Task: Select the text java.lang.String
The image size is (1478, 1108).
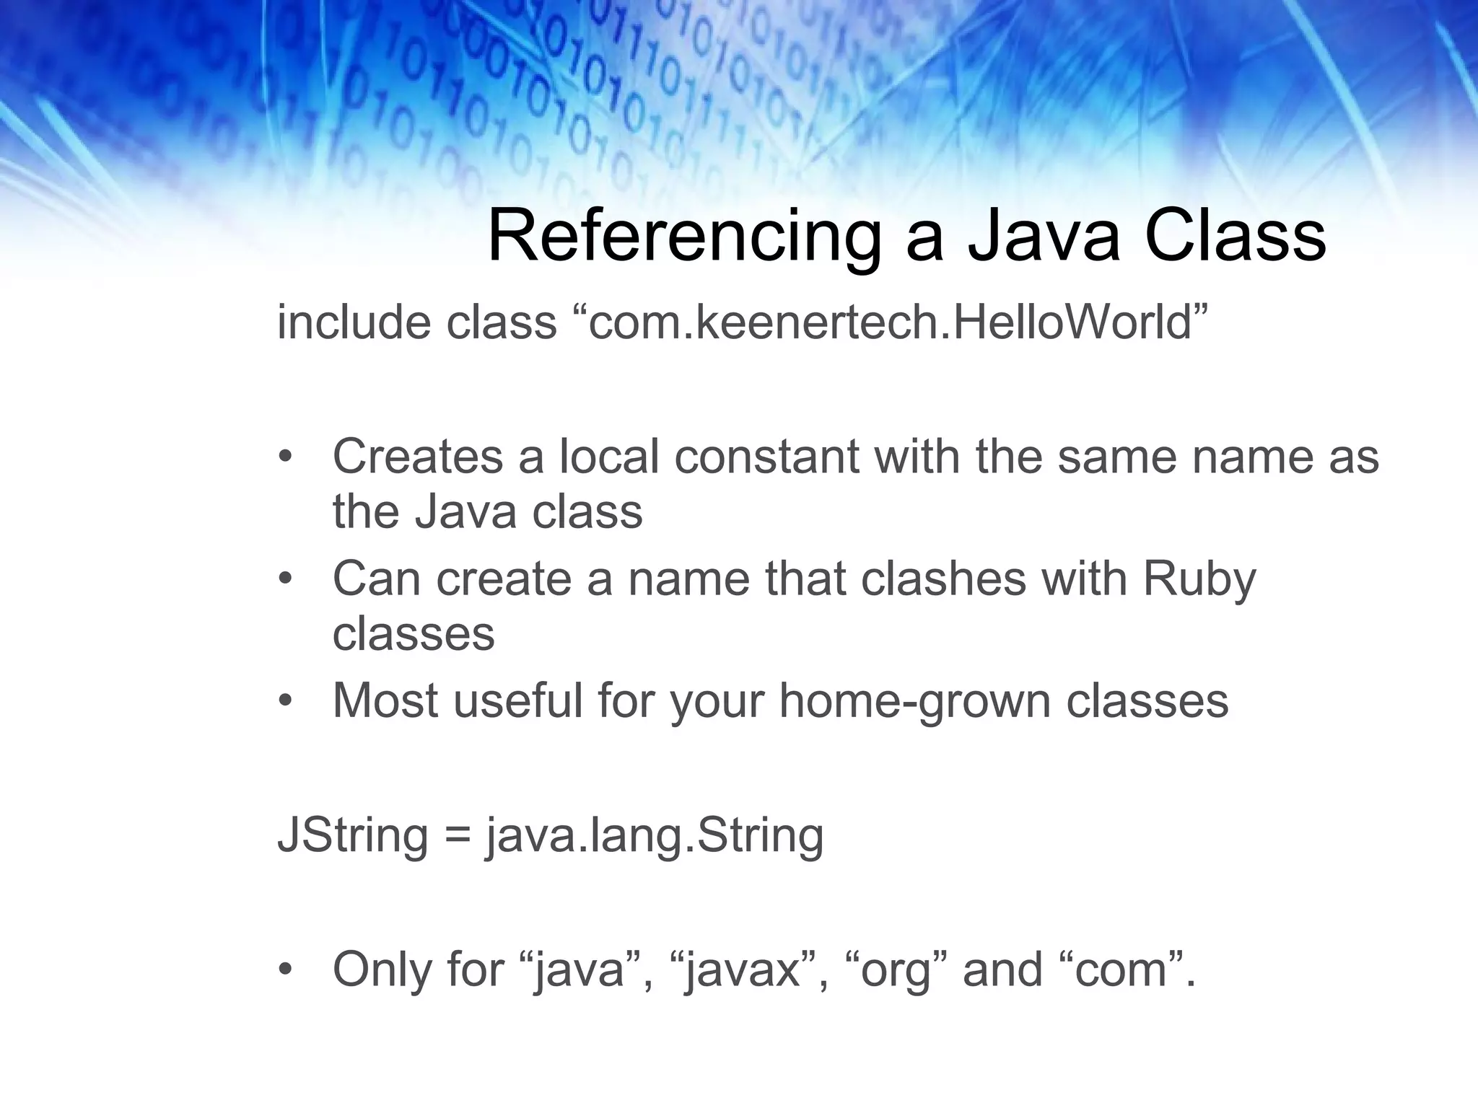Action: (655, 835)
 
